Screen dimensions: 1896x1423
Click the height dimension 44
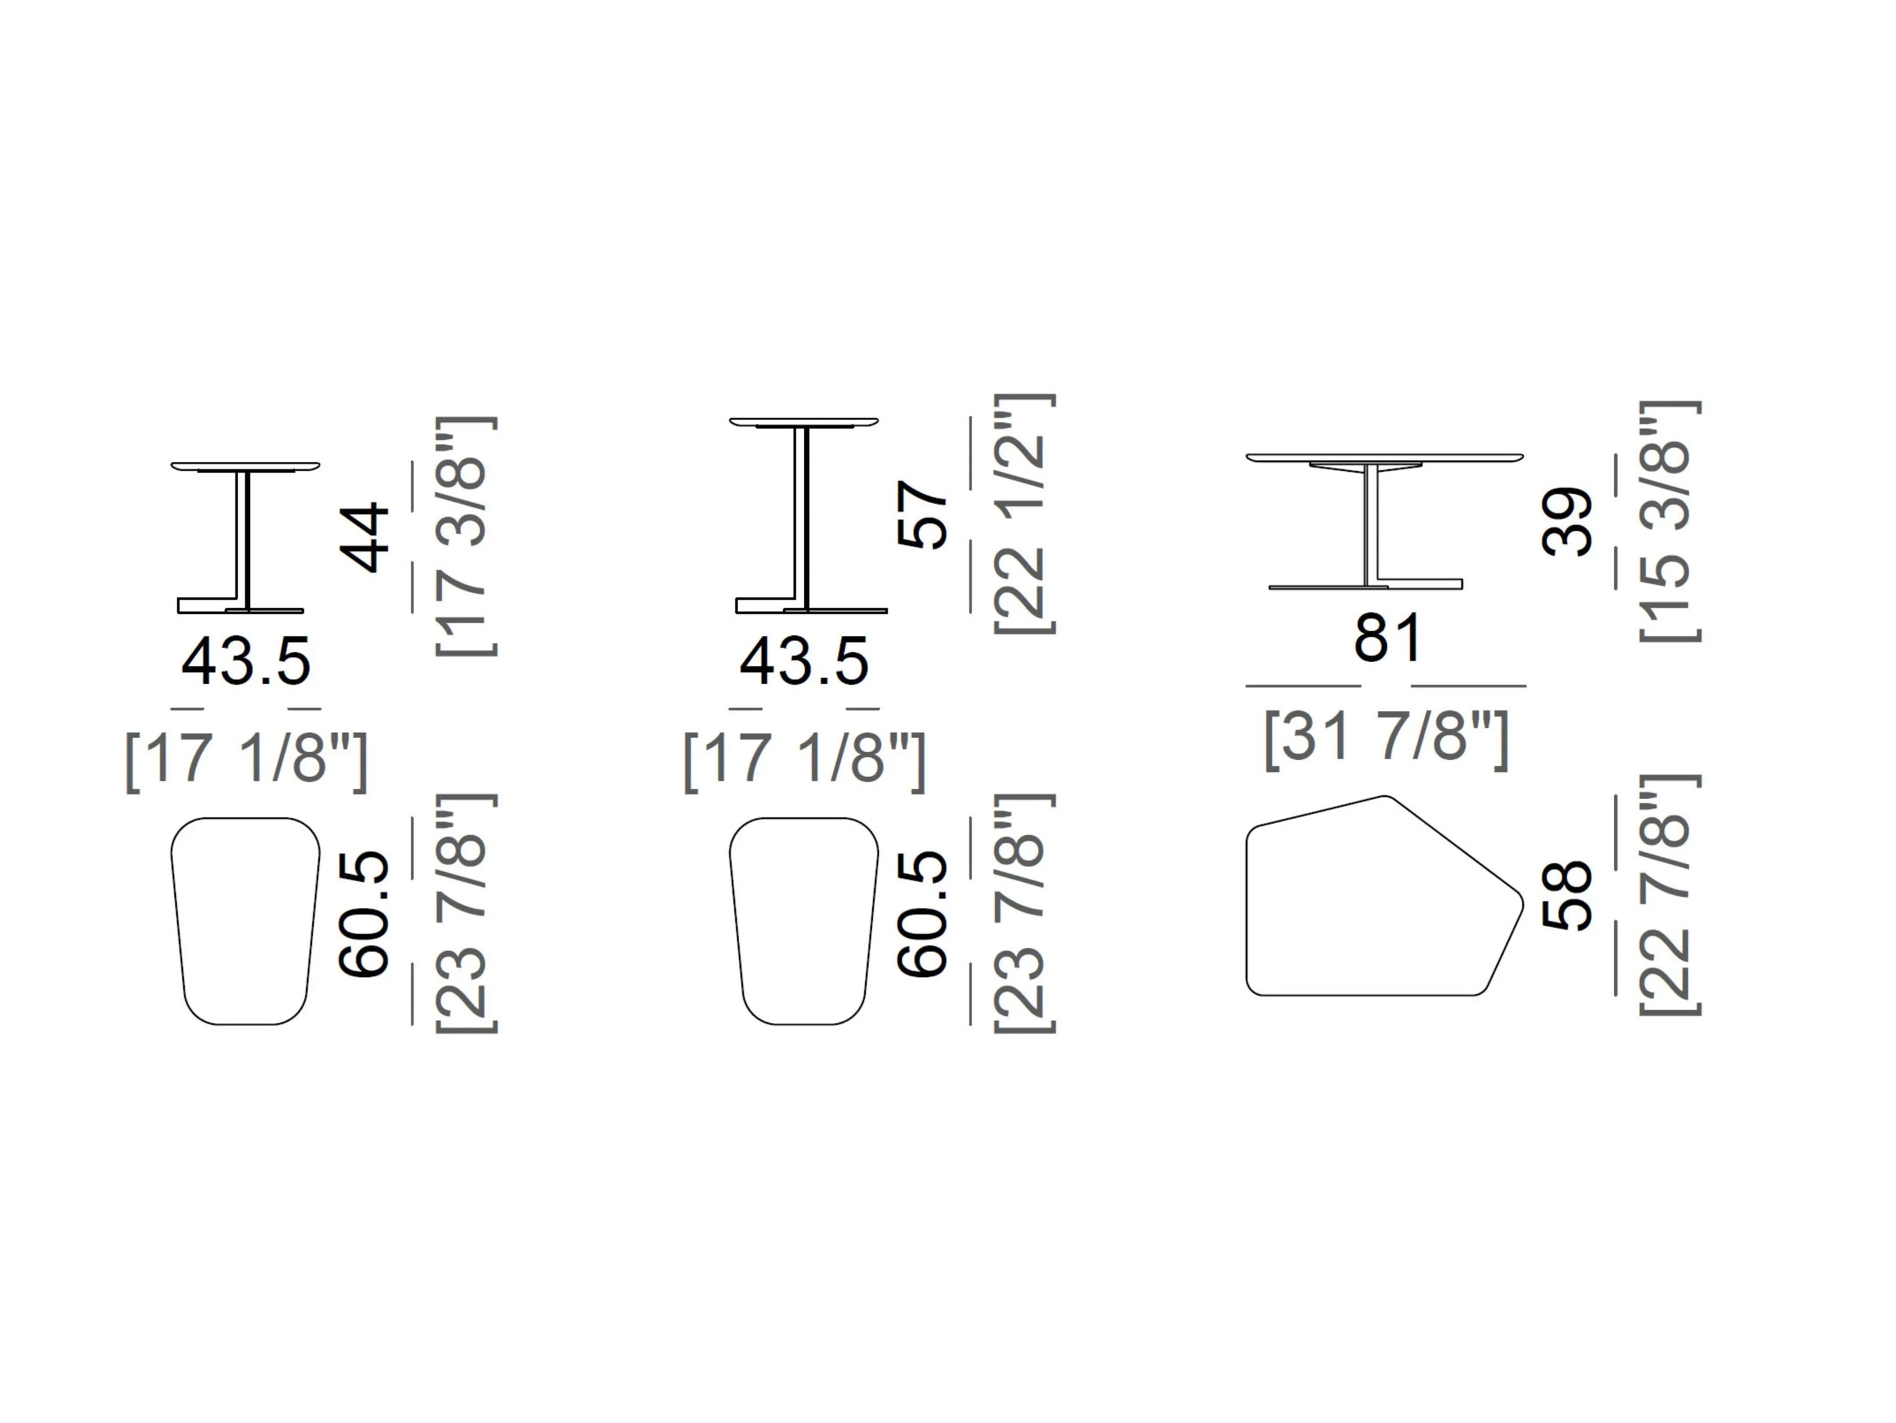coord(366,537)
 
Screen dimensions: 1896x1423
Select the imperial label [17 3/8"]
coord(466,537)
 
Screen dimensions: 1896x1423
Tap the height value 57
coord(922,515)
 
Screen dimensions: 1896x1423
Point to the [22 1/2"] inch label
coord(1024,515)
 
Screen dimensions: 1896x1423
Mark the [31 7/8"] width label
coord(1386,739)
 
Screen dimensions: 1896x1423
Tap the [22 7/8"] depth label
coord(1670,895)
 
